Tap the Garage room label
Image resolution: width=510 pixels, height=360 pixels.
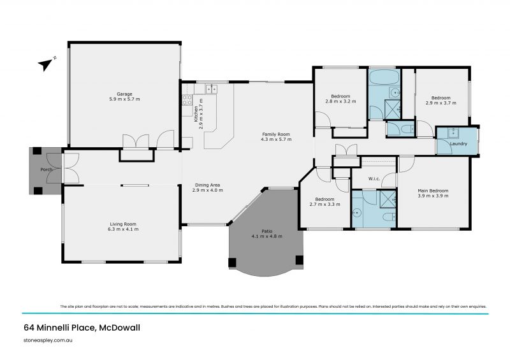pos(124,94)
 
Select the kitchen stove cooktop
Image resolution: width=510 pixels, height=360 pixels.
pos(187,99)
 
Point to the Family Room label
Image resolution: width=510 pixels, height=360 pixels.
pos(276,134)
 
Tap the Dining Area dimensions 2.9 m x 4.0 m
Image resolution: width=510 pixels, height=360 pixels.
pos(208,190)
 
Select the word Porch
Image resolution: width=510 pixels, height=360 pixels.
pos(47,170)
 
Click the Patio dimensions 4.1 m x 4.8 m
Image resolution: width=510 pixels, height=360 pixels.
pos(266,236)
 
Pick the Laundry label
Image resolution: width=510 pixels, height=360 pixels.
pos(458,144)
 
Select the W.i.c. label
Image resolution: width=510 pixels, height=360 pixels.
pos(374,178)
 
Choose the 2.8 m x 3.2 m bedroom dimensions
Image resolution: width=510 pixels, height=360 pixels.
pos(340,101)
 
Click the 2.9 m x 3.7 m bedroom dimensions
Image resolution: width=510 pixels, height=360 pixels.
pos(441,103)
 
